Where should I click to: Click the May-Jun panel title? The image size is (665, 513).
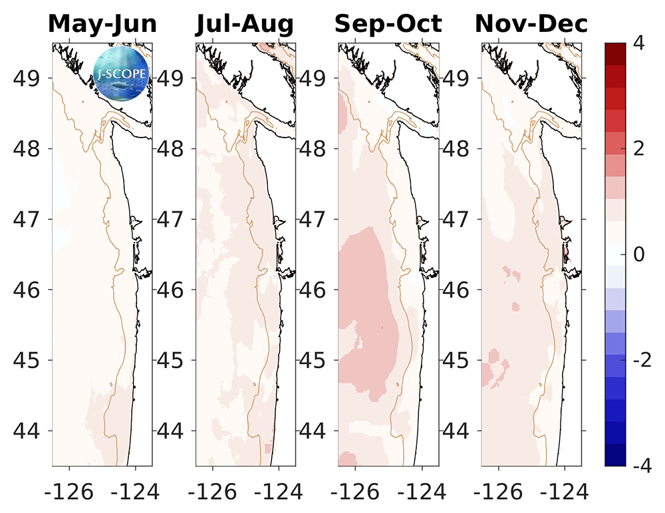click(x=102, y=24)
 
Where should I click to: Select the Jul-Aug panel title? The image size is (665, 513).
click(x=245, y=24)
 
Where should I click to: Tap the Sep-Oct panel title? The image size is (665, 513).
click(x=388, y=24)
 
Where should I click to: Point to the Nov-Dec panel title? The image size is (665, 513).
click(x=531, y=24)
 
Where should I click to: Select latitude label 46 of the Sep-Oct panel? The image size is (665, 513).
click(x=315, y=290)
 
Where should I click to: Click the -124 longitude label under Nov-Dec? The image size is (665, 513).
click(x=565, y=492)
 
